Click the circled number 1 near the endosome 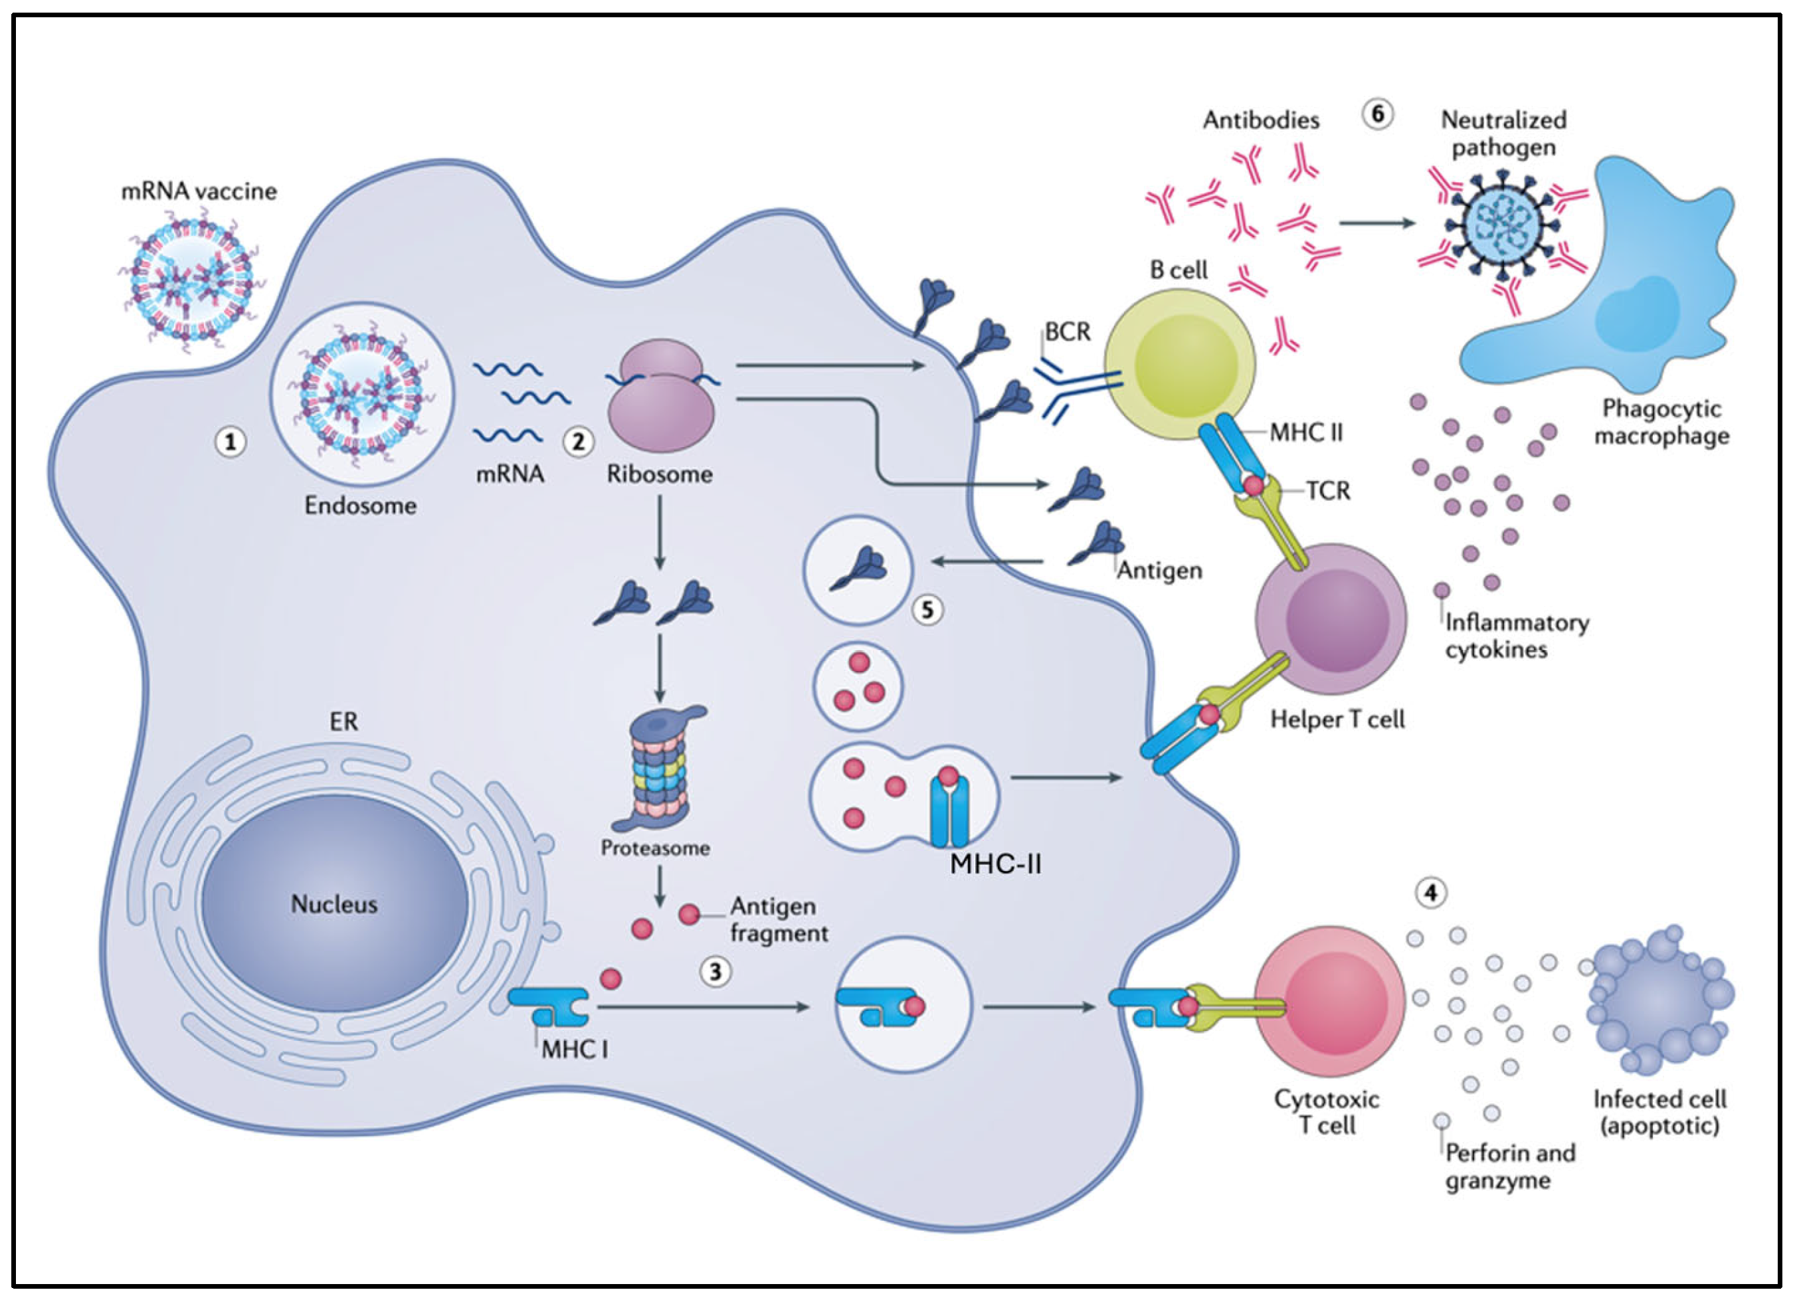click(x=231, y=442)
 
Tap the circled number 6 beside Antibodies click(x=1377, y=115)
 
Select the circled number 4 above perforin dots click(x=1430, y=893)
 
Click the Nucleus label click(x=334, y=903)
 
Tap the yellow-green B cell click(x=1180, y=365)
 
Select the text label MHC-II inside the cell click(x=996, y=864)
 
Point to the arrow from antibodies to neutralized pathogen click(x=1377, y=223)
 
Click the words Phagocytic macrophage click(x=1661, y=422)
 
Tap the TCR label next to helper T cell click(x=1328, y=492)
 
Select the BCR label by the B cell click(x=1067, y=331)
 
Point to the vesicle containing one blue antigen click(x=858, y=571)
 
